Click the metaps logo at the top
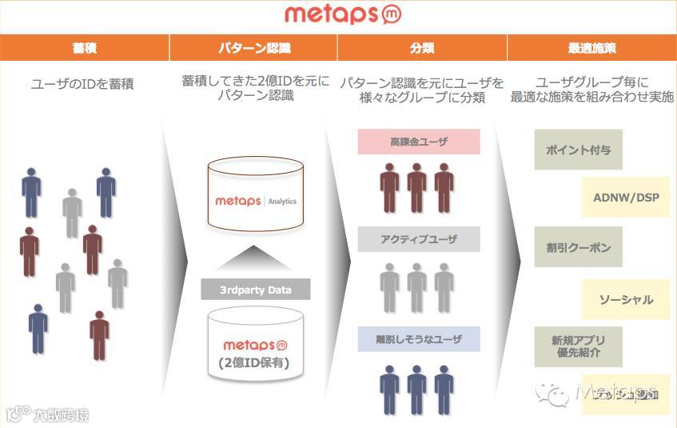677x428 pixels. point(341,16)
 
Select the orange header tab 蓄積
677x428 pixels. point(84,48)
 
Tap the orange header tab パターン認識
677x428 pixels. point(253,48)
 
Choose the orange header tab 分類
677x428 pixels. point(422,48)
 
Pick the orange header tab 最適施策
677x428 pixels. point(592,48)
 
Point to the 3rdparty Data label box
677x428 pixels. point(256,289)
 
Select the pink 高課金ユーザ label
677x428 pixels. point(419,142)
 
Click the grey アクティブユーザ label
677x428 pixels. point(419,239)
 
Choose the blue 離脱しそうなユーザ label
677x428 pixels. point(419,339)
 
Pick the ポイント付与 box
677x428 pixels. point(578,149)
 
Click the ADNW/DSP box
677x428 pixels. point(626,198)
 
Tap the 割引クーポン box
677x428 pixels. point(578,247)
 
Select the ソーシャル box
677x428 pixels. point(626,299)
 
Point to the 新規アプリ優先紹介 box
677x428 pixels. point(578,346)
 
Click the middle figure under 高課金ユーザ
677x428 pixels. point(416,188)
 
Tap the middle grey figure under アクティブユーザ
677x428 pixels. point(416,287)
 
